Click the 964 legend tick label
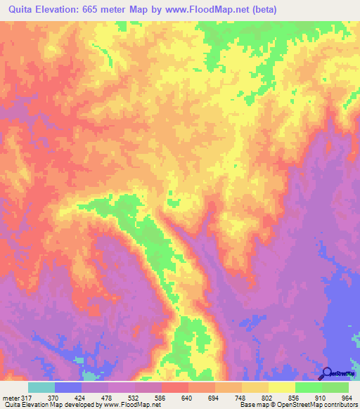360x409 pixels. point(345,397)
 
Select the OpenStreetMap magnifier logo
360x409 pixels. point(327,373)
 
